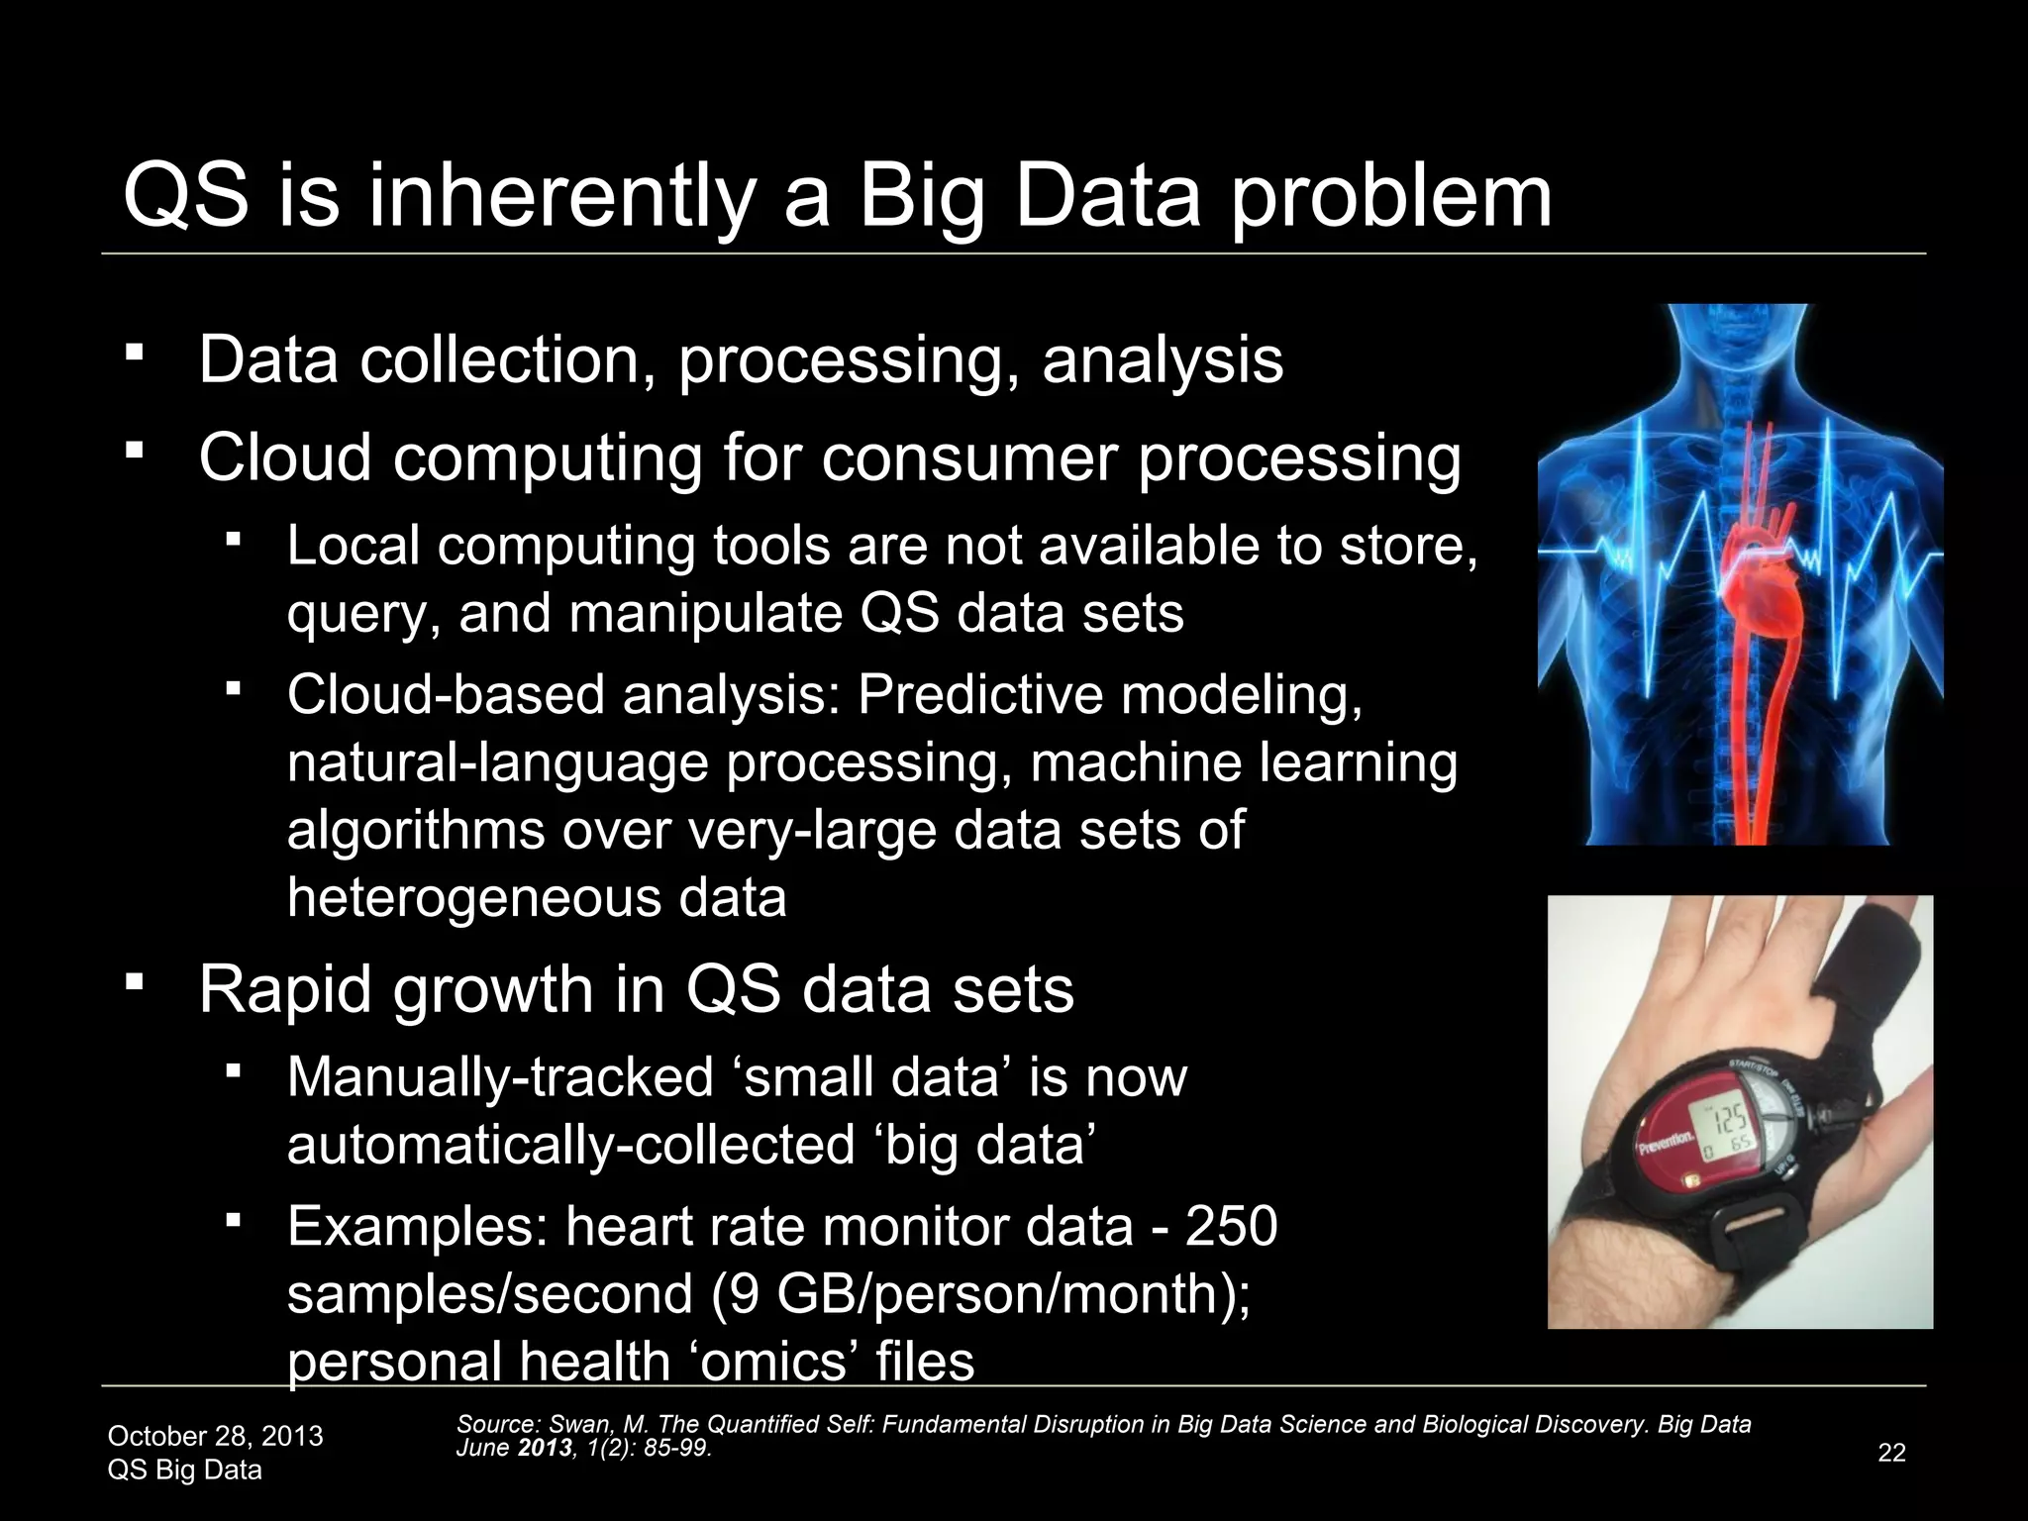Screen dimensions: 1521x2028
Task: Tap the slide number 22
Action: click(1891, 1453)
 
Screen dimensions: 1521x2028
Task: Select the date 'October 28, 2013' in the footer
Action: click(215, 1436)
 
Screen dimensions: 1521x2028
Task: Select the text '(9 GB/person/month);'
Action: click(981, 1293)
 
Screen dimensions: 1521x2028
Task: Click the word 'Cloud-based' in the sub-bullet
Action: click(445, 694)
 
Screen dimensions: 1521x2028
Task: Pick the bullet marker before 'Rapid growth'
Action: click(135, 983)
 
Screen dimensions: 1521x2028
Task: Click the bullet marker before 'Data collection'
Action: click(135, 353)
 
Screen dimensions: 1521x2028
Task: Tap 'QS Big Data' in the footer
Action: click(184, 1470)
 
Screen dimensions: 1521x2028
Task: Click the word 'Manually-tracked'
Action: click(500, 1076)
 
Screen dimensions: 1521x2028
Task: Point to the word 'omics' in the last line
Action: click(772, 1361)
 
